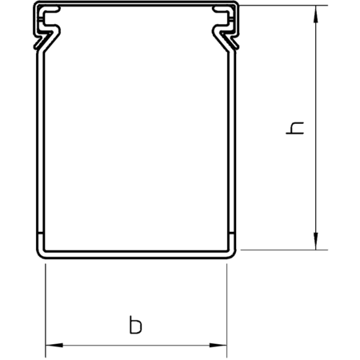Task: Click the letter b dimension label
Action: (136, 325)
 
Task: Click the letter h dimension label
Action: (294, 128)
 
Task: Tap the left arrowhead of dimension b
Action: (54, 345)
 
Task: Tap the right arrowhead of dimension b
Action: (218, 345)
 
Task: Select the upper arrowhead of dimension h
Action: (316, 14)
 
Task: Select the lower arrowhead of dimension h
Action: (316, 241)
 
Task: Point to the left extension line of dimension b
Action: (46, 310)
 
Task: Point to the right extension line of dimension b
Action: (226, 310)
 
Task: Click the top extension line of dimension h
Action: (283, 6)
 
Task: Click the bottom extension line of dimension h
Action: (284, 250)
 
